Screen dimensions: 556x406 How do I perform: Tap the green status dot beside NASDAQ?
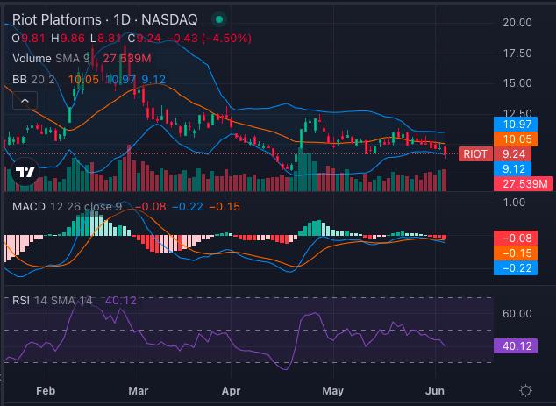(x=219, y=19)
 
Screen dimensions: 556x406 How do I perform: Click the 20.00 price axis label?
(x=517, y=23)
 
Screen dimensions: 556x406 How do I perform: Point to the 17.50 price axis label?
(x=517, y=53)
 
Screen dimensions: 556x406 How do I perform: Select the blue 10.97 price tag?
(x=516, y=125)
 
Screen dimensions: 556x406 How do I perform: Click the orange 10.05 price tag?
(x=516, y=139)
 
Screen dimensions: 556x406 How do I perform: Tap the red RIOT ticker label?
(x=475, y=153)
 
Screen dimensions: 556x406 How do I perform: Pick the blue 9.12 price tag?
(x=512, y=168)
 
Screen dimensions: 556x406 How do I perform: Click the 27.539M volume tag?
(x=523, y=183)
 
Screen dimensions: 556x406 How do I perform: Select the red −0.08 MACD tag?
(x=516, y=238)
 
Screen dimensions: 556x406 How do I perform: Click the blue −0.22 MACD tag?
(x=516, y=267)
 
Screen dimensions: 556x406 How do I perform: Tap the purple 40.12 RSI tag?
(x=516, y=345)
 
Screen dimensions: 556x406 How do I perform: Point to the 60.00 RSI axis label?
(x=517, y=313)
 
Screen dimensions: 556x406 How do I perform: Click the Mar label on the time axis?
(x=139, y=391)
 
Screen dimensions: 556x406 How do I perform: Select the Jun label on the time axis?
(x=435, y=391)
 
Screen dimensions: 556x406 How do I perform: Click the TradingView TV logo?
(x=25, y=173)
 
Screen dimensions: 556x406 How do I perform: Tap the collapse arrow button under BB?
(x=25, y=101)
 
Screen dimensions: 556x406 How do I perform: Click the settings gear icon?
(x=525, y=391)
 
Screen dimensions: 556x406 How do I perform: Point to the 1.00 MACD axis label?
(x=515, y=202)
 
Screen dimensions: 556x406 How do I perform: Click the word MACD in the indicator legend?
(x=29, y=206)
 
